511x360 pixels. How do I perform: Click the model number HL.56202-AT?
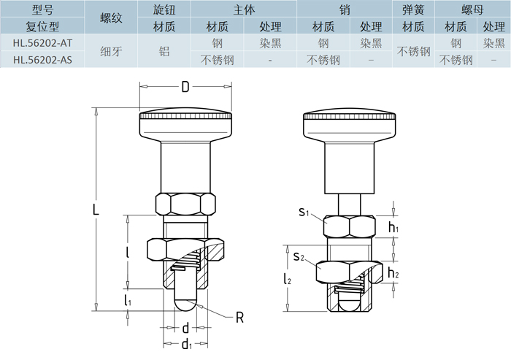(x=42, y=43)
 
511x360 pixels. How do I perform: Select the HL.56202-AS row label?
(x=42, y=60)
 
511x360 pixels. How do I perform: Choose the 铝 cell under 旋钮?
(x=164, y=52)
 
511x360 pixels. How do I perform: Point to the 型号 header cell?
(x=42, y=9)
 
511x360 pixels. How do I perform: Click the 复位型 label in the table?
(x=42, y=26)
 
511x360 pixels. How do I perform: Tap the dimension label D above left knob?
(x=185, y=88)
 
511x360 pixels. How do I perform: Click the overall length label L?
(x=95, y=210)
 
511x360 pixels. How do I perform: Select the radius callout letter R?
(x=239, y=318)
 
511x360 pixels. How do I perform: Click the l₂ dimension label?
(x=287, y=278)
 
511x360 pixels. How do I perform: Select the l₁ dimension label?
(x=128, y=300)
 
